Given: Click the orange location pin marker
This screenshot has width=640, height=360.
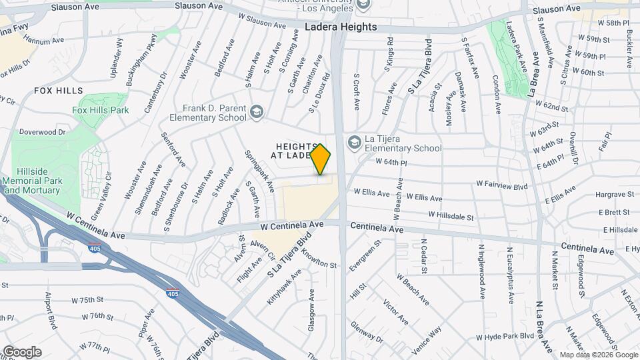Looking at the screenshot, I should pos(321,159).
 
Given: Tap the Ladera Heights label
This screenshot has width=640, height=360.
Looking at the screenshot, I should pos(341,27).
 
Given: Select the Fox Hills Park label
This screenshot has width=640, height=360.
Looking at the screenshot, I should pos(101,110).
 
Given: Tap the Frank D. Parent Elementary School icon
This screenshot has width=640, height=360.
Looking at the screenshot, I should pos(257,111).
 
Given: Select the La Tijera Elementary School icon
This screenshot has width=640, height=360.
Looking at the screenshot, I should pos(353,142).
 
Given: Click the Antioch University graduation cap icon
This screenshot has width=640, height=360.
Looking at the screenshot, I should pos(363,5).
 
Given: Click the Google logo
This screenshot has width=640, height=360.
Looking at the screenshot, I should pos(22,352).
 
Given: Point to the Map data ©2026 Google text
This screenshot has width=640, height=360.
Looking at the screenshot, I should pos(598,355).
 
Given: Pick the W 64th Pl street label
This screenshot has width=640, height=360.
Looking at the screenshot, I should pos(391,162).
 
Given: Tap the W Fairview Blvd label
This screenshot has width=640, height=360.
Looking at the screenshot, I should pos(501,183).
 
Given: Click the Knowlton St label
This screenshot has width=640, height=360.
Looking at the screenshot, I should pos(319,259).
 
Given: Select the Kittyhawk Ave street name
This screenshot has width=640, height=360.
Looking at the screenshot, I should pos(284,287).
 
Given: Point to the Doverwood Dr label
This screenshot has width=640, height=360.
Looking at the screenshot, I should pos(43,132).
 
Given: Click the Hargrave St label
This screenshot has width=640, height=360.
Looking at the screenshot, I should pos(615,195).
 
